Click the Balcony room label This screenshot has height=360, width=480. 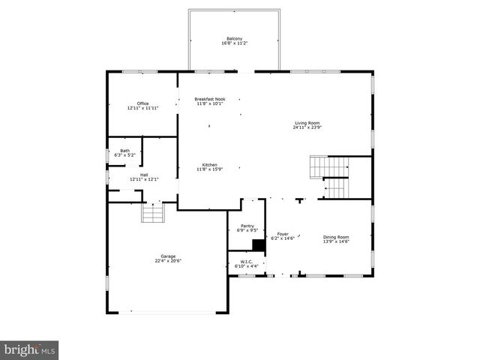[235, 39]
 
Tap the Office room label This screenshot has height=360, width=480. [142, 103]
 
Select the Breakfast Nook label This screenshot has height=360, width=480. [210, 99]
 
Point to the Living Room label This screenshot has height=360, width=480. [307, 122]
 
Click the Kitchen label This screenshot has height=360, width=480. [210, 165]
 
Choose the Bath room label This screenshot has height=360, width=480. [124, 151]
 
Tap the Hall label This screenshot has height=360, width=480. [144, 175]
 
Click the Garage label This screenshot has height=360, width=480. [168, 256]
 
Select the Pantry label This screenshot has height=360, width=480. [247, 226]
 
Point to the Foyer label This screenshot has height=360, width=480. [283, 234]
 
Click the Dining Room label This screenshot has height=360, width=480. [336, 237]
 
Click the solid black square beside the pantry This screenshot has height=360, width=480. [259, 244]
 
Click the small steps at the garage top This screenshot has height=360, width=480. [153, 213]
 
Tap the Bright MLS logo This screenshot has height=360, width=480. [29, 349]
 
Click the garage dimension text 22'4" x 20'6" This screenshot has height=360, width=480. [168, 261]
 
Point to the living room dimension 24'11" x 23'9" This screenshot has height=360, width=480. [307, 127]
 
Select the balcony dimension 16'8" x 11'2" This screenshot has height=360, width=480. [235, 44]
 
